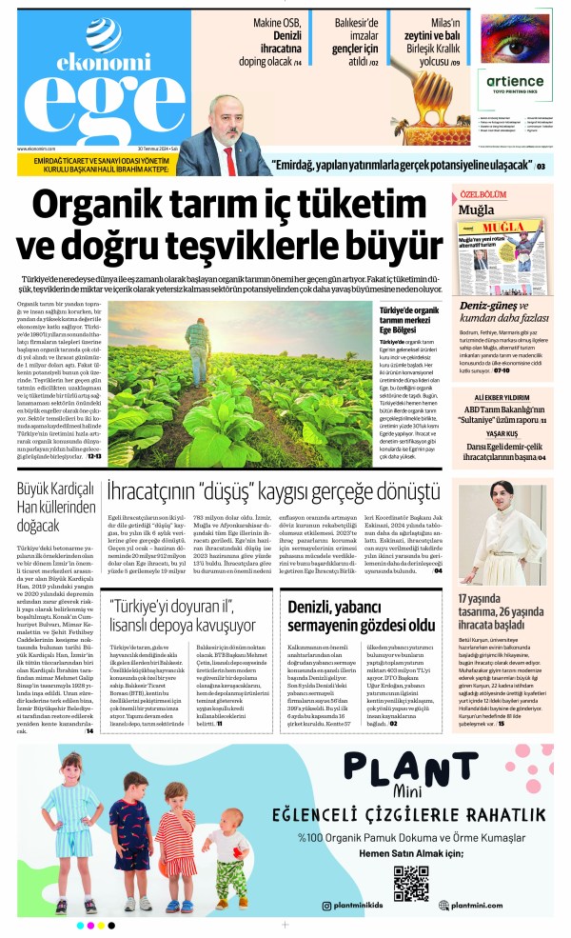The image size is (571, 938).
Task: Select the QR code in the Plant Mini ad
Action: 410,883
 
